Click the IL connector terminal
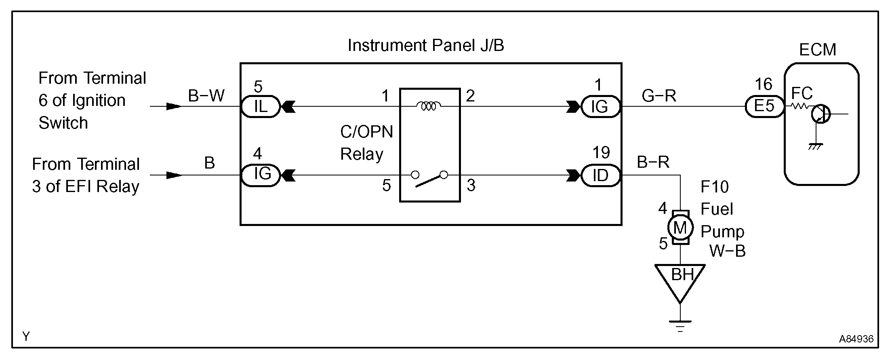(260, 107)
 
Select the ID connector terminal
(600, 175)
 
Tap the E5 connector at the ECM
(764, 107)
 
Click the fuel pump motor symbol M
(680, 228)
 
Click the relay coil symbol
(429, 106)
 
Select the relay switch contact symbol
(429, 178)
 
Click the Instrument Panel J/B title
(426, 46)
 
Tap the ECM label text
(817, 50)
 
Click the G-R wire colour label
(659, 96)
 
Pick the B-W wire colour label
(206, 96)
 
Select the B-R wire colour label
(653, 163)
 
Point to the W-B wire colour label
(727, 251)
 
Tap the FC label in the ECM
(802, 94)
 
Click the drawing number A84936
(856, 339)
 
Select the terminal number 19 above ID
(601, 153)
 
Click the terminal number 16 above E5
(763, 84)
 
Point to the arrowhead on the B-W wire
(174, 106)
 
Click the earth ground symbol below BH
(680, 325)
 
